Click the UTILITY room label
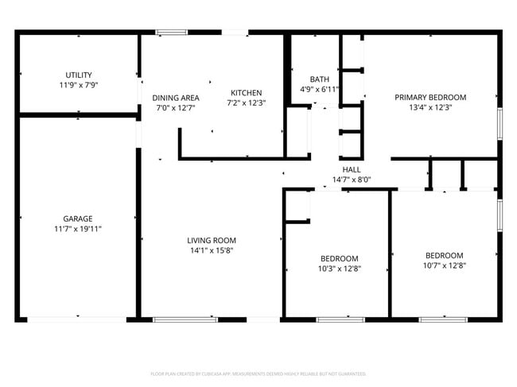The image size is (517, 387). [x=78, y=75]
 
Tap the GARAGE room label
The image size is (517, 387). [x=78, y=219]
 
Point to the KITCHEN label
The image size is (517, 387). [x=246, y=93]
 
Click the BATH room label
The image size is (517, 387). [x=319, y=79]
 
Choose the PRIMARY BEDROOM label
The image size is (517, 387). [x=430, y=97]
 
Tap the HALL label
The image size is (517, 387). [x=351, y=169]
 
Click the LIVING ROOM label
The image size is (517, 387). [x=211, y=240]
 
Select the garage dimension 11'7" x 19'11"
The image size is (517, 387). [x=78, y=229]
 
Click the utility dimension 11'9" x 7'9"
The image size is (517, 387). [x=78, y=85]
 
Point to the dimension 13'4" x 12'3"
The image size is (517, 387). [x=430, y=107]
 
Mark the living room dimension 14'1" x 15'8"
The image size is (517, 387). [x=211, y=250]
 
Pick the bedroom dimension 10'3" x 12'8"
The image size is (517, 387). [x=339, y=269]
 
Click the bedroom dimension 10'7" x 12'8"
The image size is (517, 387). [x=444, y=265]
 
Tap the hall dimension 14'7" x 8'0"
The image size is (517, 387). [x=351, y=180]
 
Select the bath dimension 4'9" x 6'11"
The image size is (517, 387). [x=319, y=90]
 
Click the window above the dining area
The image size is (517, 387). [x=171, y=33]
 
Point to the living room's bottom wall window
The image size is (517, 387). [x=174, y=319]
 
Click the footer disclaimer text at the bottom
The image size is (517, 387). [x=258, y=373]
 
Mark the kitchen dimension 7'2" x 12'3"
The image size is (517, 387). [x=246, y=103]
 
